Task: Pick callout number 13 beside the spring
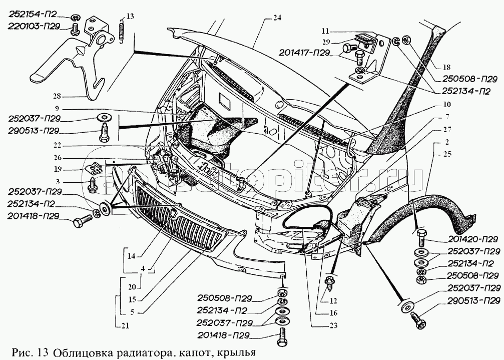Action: pyautogui.click(x=130, y=17)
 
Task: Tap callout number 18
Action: pyautogui.click(x=446, y=68)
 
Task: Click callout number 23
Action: pyautogui.click(x=334, y=325)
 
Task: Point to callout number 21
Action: pyautogui.click(x=125, y=326)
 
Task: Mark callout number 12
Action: pyautogui.click(x=333, y=301)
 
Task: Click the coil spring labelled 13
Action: pyautogui.click(x=122, y=29)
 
